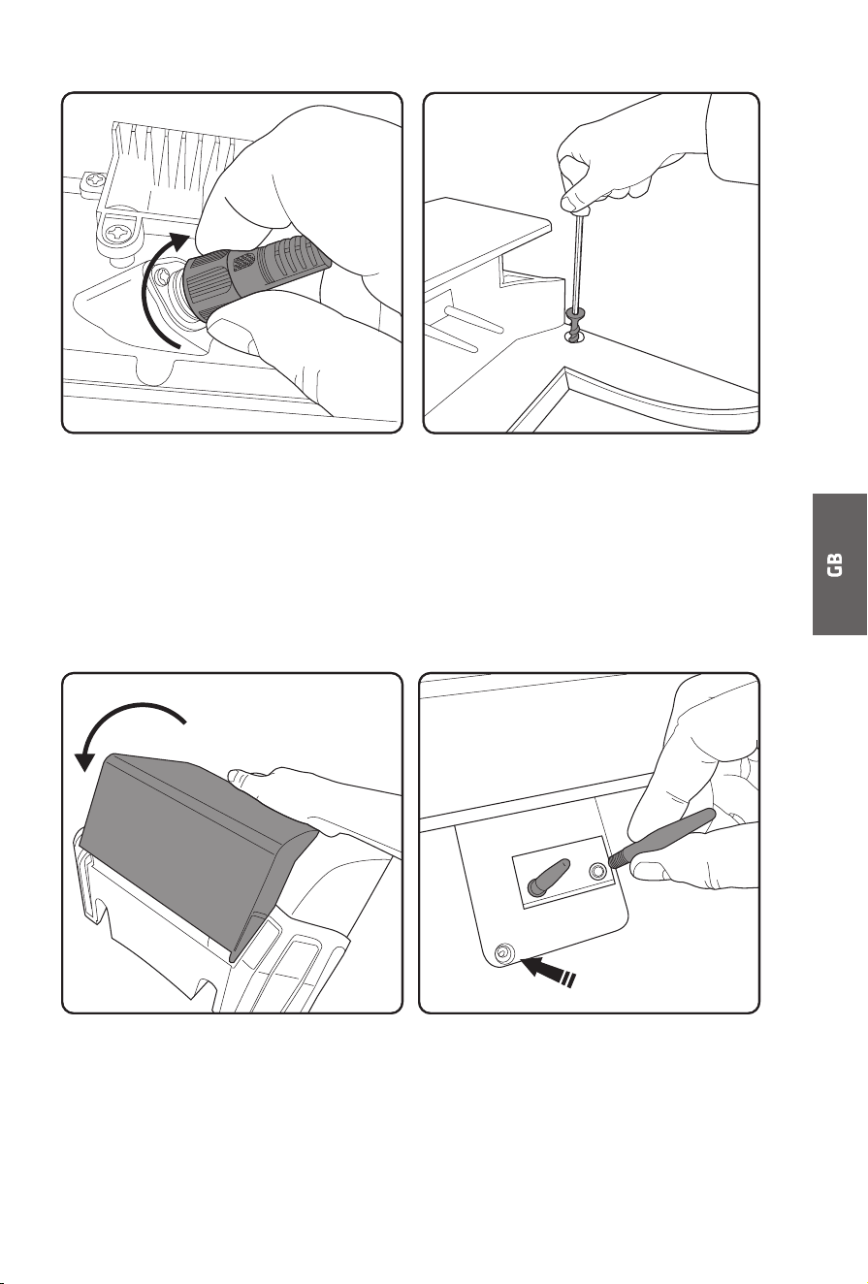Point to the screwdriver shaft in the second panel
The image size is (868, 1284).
577,261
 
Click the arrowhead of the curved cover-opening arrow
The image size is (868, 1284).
85,760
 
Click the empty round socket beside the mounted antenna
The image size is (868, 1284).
597,872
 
